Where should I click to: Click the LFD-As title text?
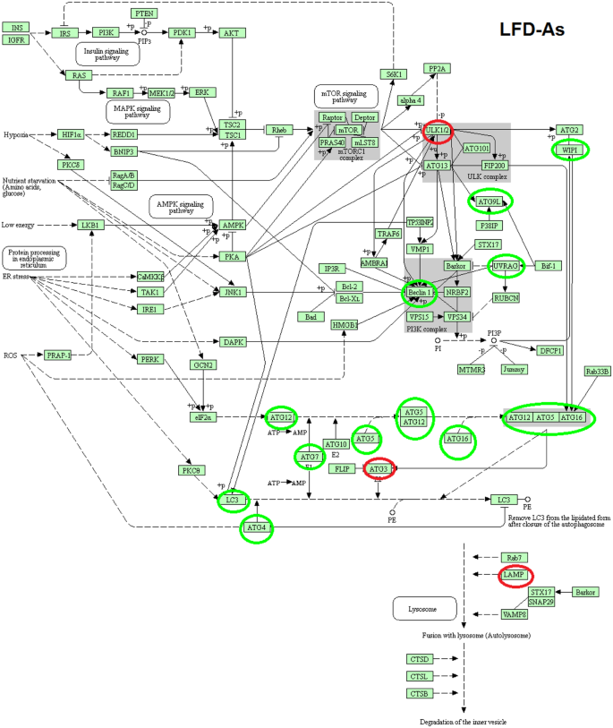(x=532, y=30)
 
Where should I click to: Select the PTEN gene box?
(x=143, y=13)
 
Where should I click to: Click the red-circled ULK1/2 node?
(x=438, y=132)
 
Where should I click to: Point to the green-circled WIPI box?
(x=569, y=150)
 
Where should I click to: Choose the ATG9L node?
(x=490, y=201)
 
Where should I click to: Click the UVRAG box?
(x=507, y=266)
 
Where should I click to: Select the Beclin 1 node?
(x=419, y=292)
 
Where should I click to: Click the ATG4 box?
(x=256, y=529)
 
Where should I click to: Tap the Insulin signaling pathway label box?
(x=108, y=54)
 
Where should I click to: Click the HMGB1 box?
(x=345, y=325)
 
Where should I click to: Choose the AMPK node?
(x=233, y=225)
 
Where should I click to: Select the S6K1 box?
(x=392, y=74)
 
